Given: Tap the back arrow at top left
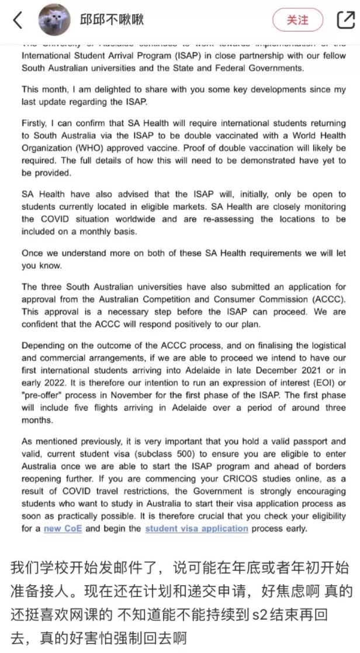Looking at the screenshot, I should coord(18,20).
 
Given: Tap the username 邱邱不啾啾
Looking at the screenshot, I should coord(112,20).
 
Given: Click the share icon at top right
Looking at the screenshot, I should coord(345,20).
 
